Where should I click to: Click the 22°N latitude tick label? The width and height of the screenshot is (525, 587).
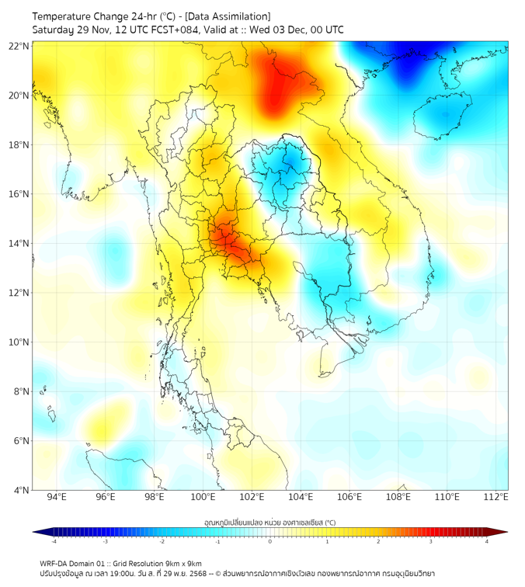[19, 46]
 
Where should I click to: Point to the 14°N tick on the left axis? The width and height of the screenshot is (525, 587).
[19, 243]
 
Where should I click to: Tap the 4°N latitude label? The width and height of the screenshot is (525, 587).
[22, 490]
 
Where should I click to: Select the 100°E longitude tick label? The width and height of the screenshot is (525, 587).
[203, 497]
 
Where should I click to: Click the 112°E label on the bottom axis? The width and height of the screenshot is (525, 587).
[496, 497]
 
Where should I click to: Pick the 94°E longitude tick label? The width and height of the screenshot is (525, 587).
[57, 497]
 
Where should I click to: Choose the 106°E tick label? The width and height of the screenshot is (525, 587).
[349, 497]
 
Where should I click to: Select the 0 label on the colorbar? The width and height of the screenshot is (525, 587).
[270, 541]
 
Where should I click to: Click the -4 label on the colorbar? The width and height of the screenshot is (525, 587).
[54, 541]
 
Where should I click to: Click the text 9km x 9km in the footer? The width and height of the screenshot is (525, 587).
[183, 563]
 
